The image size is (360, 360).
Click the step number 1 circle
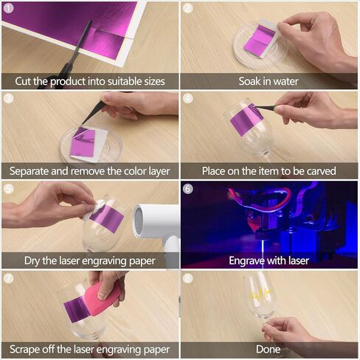point(8,8)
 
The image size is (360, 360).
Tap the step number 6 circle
point(188,189)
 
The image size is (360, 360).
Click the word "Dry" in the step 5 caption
point(32,261)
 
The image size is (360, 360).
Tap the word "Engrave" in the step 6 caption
point(247,261)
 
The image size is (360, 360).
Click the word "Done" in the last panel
point(268,349)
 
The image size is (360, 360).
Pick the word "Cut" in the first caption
point(23,81)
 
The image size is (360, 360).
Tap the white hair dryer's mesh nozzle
point(139,219)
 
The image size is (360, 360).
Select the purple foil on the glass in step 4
point(246,120)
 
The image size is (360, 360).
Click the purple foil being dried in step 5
point(106,218)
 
